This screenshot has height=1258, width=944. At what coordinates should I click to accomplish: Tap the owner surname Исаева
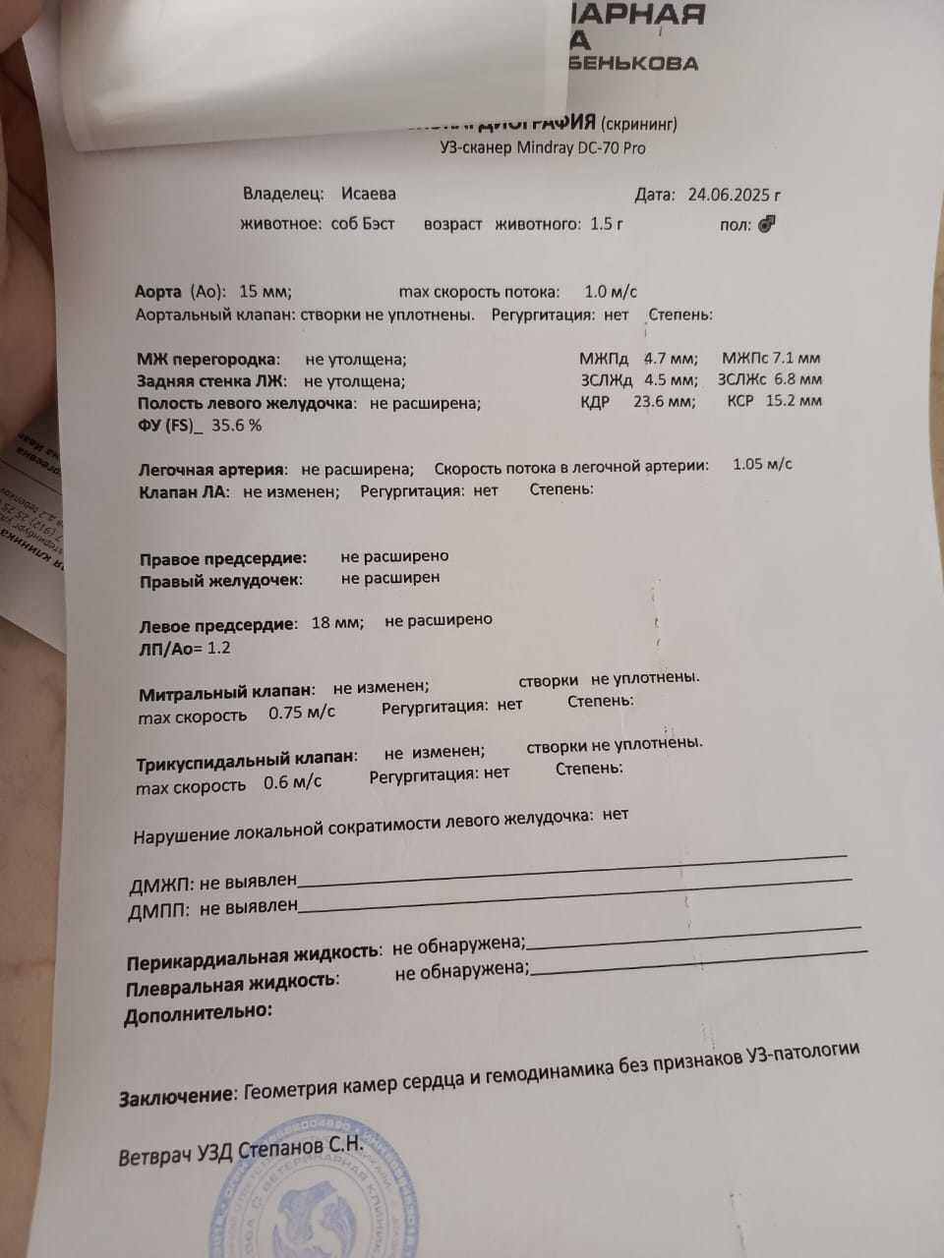pyautogui.click(x=369, y=194)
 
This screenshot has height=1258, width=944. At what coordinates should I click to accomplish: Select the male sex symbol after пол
pyautogui.click(x=768, y=224)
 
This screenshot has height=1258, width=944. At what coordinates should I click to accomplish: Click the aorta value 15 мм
pyautogui.click(x=265, y=291)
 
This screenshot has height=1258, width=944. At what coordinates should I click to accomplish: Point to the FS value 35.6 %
pyautogui.click(x=237, y=426)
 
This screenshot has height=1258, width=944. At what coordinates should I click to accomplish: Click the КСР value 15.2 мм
pyautogui.click(x=794, y=400)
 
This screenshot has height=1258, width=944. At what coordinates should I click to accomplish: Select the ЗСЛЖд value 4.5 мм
pyautogui.click(x=671, y=379)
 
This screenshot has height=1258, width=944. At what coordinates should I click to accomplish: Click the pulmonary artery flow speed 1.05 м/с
pyautogui.click(x=762, y=465)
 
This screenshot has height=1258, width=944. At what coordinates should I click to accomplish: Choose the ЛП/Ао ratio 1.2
pyautogui.click(x=218, y=648)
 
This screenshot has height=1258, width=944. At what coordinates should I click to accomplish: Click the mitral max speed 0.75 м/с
pyautogui.click(x=301, y=714)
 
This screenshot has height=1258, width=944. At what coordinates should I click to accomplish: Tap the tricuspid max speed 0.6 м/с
pyautogui.click(x=292, y=783)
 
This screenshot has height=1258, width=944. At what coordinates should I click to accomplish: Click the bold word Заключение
pyautogui.click(x=177, y=1096)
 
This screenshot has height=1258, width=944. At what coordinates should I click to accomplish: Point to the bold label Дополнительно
pyautogui.click(x=198, y=1013)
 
